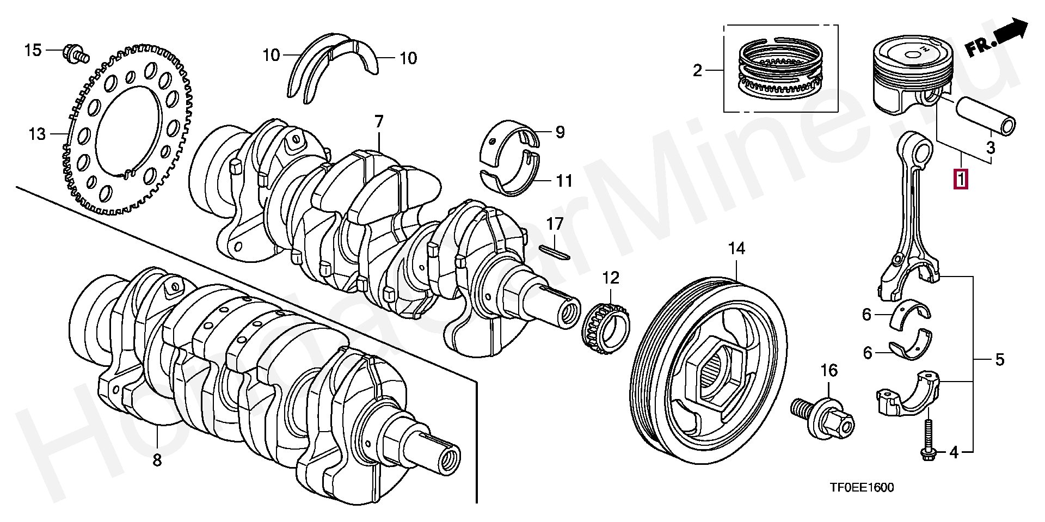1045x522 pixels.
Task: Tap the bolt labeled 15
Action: (x=75, y=53)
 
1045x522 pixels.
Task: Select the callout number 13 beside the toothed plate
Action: (x=37, y=133)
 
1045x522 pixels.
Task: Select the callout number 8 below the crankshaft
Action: (x=157, y=460)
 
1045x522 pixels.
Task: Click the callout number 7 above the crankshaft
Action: (x=379, y=121)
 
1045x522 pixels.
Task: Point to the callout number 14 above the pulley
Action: (x=736, y=249)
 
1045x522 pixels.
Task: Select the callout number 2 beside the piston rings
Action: (x=697, y=70)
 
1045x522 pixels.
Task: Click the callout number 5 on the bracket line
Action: (x=999, y=359)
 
